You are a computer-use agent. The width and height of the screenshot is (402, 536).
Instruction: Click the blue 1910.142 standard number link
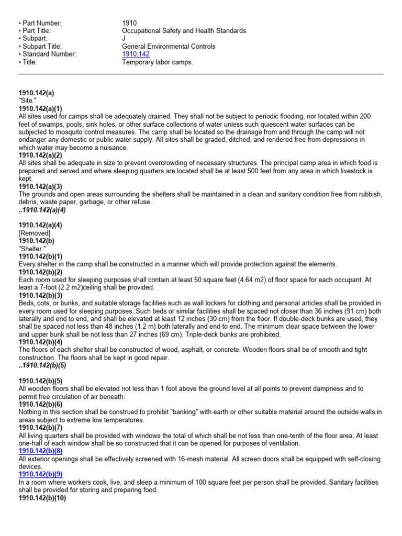click(x=135, y=54)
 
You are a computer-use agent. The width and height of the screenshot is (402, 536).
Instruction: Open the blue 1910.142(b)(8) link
click(x=40, y=451)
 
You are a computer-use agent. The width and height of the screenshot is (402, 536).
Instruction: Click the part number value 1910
click(x=128, y=23)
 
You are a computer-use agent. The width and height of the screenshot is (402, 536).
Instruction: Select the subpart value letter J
click(x=124, y=39)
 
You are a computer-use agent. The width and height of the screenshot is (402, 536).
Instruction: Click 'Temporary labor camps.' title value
click(x=157, y=62)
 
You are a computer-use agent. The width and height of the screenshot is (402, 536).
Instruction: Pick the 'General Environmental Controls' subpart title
click(x=168, y=47)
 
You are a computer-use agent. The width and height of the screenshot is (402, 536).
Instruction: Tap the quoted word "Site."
click(x=27, y=100)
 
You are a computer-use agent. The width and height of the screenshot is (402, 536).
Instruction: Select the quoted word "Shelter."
click(x=32, y=249)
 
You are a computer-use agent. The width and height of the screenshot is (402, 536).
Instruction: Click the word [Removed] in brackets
click(x=34, y=233)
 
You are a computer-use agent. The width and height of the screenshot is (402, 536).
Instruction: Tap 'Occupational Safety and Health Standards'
click(x=184, y=31)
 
